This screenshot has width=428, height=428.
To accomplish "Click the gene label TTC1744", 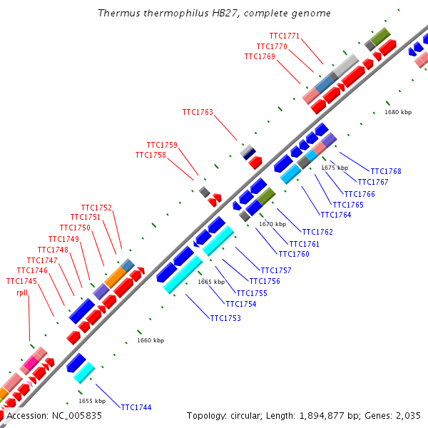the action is [x=136, y=407].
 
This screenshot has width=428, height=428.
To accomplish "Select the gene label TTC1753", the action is [x=225, y=317].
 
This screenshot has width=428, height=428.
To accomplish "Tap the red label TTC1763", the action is [x=198, y=112].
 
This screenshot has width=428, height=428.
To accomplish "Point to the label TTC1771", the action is [x=285, y=36].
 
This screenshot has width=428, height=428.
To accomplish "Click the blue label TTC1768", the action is [x=386, y=171].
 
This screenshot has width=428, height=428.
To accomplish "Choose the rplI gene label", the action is [x=22, y=292].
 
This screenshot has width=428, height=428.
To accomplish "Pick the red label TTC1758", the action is [x=151, y=155].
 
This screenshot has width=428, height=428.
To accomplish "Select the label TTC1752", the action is [x=96, y=208].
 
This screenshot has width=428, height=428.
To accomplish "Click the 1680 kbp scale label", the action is [x=398, y=112].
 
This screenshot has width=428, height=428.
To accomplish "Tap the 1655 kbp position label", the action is [x=92, y=401].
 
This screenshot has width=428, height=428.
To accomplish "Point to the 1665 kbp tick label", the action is [x=211, y=282].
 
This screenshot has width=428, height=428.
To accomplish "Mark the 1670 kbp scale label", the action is [x=272, y=224].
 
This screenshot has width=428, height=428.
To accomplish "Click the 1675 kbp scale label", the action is [x=335, y=168].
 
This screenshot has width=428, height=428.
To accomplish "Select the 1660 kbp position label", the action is [x=151, y=340].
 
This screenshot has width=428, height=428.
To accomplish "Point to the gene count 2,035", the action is [x=409, y=415].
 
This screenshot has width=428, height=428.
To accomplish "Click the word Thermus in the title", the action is [x=116, y=14].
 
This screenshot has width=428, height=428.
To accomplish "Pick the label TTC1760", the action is [x=294, y=254].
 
